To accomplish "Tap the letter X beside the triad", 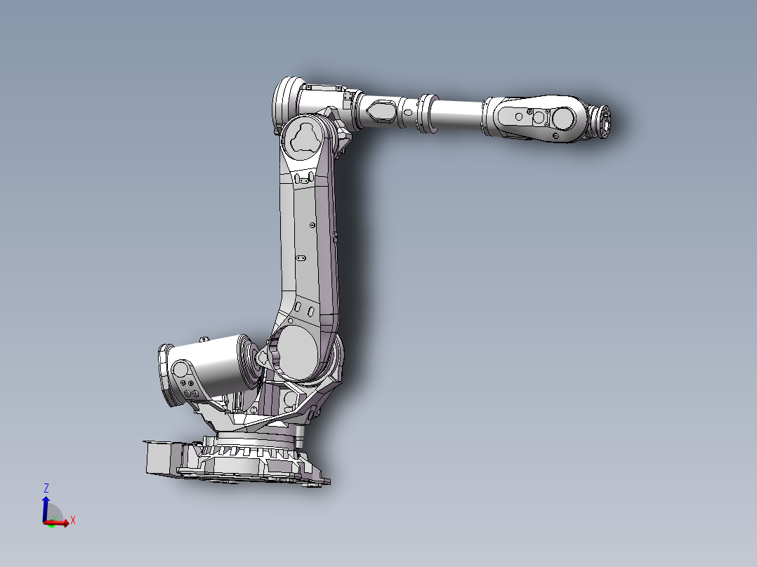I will coord(72,520).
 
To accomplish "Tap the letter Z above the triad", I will coord(46,488).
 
